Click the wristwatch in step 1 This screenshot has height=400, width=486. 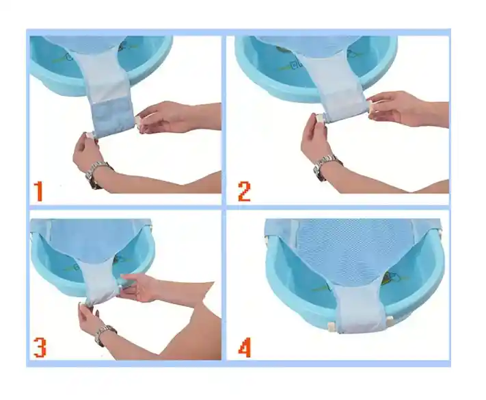point(98,173)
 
